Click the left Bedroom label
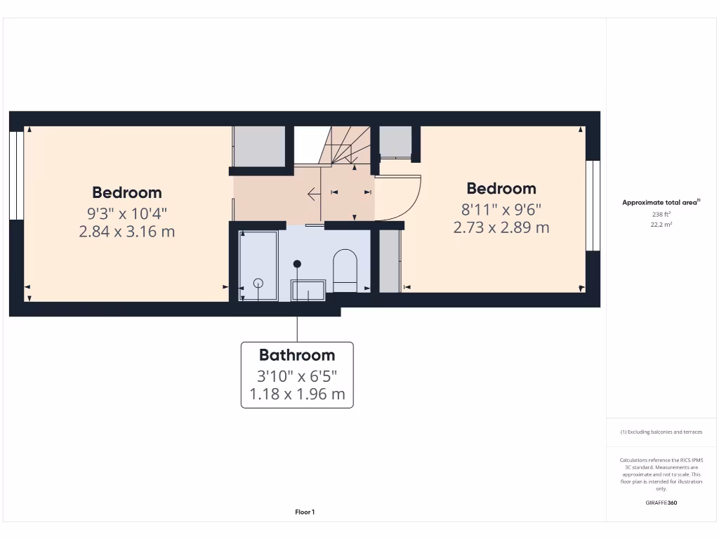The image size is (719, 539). pyautogui.click(x=127, y=192)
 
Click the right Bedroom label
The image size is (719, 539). pyautogui.click(x=501, y=188)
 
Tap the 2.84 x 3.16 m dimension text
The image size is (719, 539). pyautogui.click(x=127, y=231)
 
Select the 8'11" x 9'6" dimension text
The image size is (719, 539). pyautogui.click(x=501, y=208)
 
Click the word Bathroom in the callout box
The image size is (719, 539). pyautogui.click(x=297, y=354)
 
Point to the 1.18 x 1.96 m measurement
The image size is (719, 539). pyautogui.click(x=297, y=394)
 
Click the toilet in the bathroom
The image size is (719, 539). pyautogui.click(x=345, y=270)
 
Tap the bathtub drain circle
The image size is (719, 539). pyautogui.click(x=258, y=283)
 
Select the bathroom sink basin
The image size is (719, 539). pyautogui.click(x=308, y=290)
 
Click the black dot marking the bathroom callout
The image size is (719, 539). pyautogui.click(x=297, y=264)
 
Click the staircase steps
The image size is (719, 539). pyautogui.click(x=347, y=146)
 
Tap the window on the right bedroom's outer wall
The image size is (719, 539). pyautogui.click(x=593, y=206)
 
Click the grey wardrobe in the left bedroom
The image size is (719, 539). pyautogui.click(x=258, y=146)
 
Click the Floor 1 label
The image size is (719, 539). pyautogui.click(x=305, y=512)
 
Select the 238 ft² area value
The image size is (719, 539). pyautogui.click(x=660, y=215)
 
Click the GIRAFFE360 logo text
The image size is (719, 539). pyautogui.click(x=661, y=503)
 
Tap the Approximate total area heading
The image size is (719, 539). pyautogui.click(x=661, y=202)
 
